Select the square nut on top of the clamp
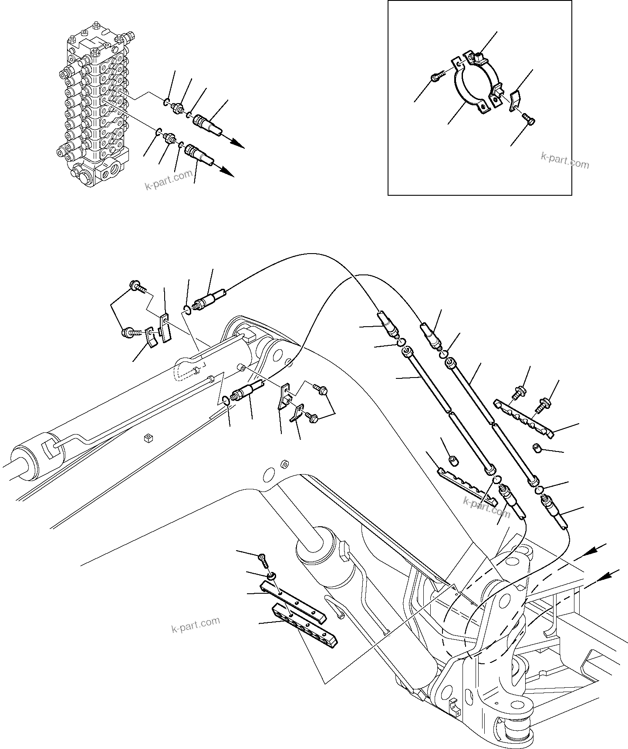(477, 57)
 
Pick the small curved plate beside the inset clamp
(516, 98)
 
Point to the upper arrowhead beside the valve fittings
(237, 144)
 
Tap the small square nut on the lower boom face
(147, 437)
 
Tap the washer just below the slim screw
(271, 576)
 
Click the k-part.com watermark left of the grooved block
(196, 625)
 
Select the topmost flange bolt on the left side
(134, 286)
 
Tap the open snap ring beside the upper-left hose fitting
(186, 309)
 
